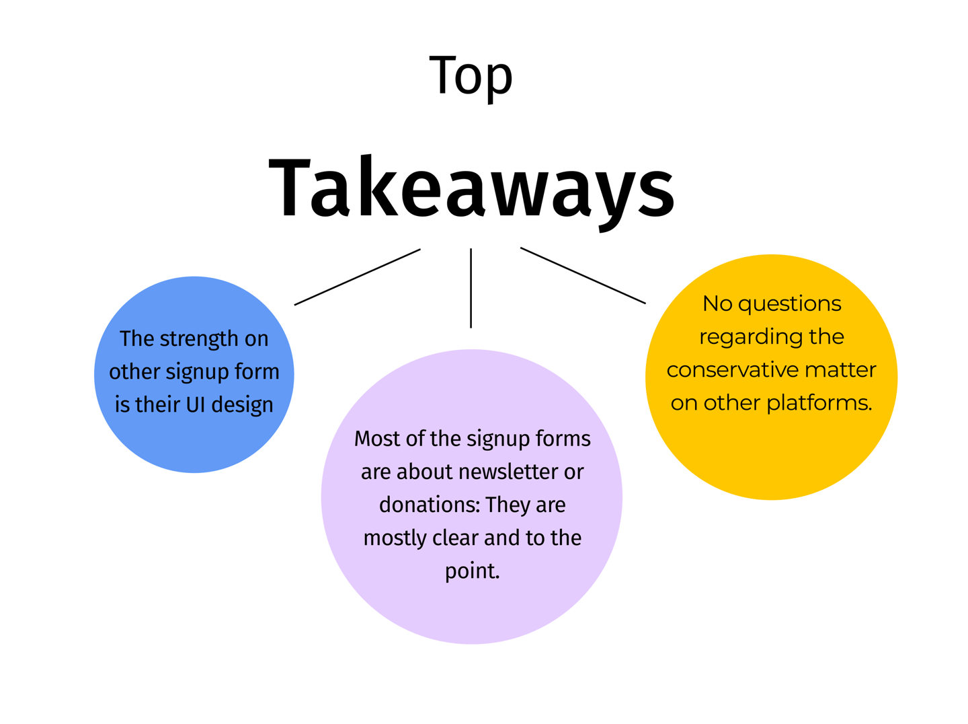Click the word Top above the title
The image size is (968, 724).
[471, 76]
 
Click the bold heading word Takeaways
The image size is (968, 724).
[471, 188]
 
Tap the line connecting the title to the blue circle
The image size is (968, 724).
[357, 277]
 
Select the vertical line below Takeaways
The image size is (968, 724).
[471, 288]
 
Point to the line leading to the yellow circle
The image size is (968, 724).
[583, 276]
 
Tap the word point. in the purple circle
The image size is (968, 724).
[472, 571]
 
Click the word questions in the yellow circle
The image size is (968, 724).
[789, 304]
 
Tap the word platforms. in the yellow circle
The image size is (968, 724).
[819, 402]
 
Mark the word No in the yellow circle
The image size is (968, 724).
[717, 303]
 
